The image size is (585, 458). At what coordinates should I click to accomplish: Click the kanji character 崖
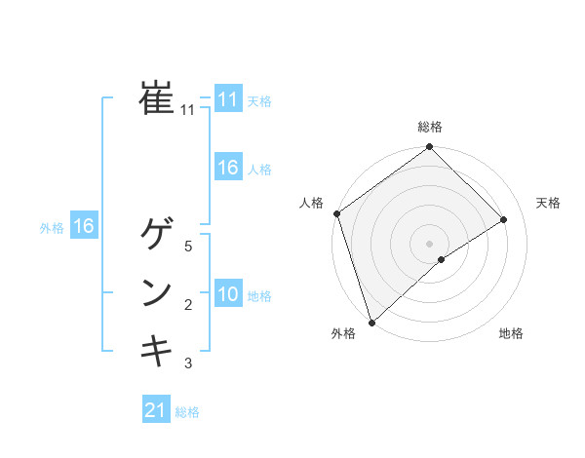[x=156, y=97]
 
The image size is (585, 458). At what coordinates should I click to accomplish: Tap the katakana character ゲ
[x=156, y=234]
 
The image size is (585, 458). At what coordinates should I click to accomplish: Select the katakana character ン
[x=156, y=292]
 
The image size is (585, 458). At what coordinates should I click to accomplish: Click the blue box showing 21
[x=156, y=410]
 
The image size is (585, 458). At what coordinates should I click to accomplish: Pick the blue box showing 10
[x=227, y=294]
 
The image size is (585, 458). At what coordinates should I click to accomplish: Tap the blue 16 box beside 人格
[x=227, y=168]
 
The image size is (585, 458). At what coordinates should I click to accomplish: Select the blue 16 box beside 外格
[x=84, y=227]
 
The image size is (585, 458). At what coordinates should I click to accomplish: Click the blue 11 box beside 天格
[x=227, y=99]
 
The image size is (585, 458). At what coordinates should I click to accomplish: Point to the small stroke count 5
[x=188, y=247]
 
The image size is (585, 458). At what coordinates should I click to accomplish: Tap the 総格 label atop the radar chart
[x=430, y=127]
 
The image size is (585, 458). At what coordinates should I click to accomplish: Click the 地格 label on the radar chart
[x=511, y=333]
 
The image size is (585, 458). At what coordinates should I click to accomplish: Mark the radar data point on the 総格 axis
[x=430, y=148]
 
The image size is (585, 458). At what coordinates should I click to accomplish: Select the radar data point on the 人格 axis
[x=336, y=213]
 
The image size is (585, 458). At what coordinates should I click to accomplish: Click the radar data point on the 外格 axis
[x=371, y=322]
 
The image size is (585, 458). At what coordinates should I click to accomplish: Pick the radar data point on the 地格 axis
[x=442, y=259]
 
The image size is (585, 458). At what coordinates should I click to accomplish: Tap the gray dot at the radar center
[x=429, y=243]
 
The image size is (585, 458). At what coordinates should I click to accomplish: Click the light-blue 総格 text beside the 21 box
[x=187, y=412]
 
